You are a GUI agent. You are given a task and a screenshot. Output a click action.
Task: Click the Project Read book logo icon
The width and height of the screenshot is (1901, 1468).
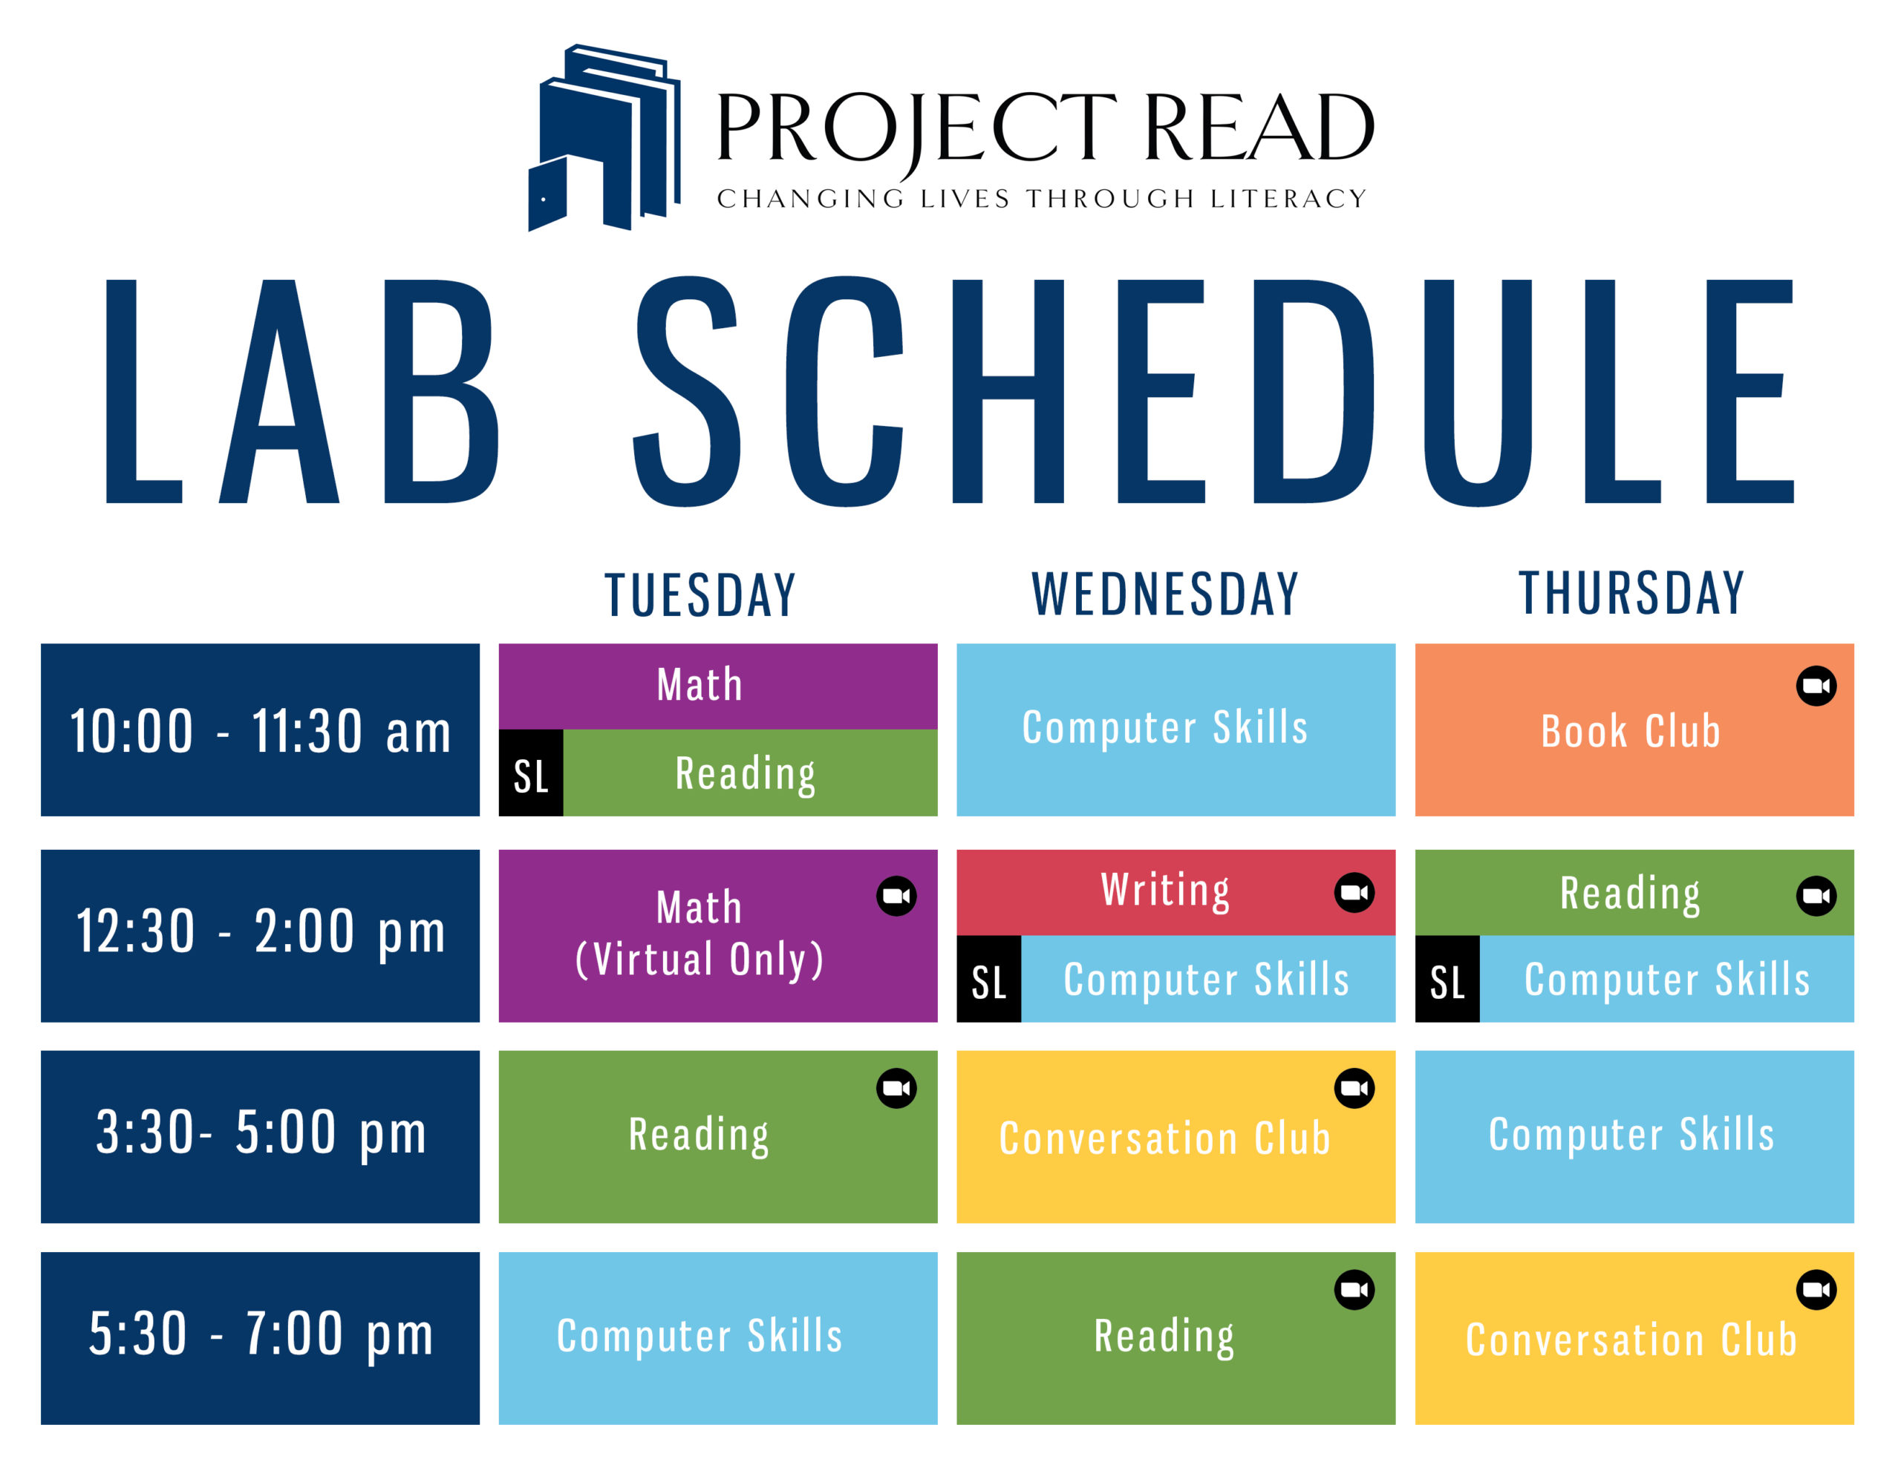[x=604, y=137]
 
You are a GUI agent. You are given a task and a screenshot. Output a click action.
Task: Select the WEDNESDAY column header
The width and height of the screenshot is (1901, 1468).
[x=1164, y=594]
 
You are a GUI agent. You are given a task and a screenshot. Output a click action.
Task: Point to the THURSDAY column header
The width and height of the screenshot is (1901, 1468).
[x=1632, y=594]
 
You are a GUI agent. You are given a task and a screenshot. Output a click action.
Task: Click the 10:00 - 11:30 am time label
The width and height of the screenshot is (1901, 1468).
[x=260, y=730]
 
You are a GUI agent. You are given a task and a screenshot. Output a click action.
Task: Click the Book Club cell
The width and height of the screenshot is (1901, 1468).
[x=1634, y=730]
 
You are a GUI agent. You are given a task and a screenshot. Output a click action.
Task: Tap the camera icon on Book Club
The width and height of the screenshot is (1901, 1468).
[x=1816, y=686]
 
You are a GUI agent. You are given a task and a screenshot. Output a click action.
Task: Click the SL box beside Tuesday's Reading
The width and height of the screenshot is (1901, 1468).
[x=531, y=773]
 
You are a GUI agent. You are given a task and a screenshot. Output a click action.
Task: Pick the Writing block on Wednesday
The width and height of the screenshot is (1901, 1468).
[x=1176, y=893]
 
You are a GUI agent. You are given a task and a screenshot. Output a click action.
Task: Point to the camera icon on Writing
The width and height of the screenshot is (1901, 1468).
[x=1354, y=892]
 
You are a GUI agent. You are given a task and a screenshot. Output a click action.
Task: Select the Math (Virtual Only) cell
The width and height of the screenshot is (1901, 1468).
[x=718, y=935]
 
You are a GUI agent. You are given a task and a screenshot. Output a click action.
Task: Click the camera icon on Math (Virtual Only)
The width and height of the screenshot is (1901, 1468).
[x=896, y=895]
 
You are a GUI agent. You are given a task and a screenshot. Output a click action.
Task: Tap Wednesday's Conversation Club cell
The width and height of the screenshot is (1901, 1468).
[x=1176, y=1136]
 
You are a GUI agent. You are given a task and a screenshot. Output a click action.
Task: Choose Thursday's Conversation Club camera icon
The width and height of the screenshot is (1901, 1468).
[x=1816, y=1290]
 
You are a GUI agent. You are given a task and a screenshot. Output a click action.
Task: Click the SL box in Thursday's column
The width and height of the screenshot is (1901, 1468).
[x=1447, y=979]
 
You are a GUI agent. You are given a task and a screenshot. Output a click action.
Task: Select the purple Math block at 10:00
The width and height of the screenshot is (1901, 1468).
[x=718, y=687]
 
